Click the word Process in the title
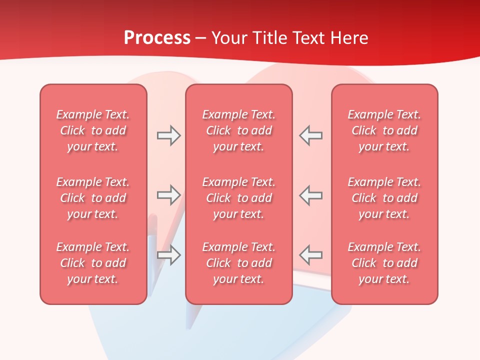click(157, 38)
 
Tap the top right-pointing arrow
click(168, 135)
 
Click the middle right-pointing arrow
click(168, 195)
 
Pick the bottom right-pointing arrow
click(168, 255)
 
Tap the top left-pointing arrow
click(311, 135)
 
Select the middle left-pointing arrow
click(311, 195)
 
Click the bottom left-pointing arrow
click(311, 255)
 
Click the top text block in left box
click(93, 130)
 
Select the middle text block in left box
click(93, 198)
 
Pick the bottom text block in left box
click(93, 263)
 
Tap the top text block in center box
click(238, 130)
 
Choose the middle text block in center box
click(238, 198)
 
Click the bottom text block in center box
click(238, 263)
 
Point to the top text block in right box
click(384, 130)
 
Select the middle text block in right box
click(384, 198)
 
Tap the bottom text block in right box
click(384, 263)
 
